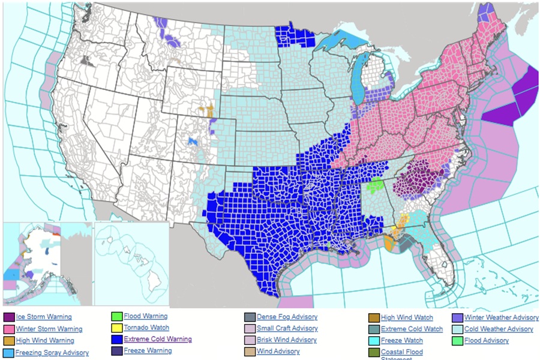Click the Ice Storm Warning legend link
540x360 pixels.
click(x=43, y=317)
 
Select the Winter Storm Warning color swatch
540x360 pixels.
click(x=9, y=329)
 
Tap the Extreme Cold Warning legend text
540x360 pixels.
click(x=158, y=339)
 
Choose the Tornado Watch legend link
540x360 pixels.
click(x=146, y=328)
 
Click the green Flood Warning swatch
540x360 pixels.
click(x=117, y=316)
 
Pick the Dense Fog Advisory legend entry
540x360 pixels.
click(x=287, y=317)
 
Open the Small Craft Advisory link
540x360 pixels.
click(x=287, y=328)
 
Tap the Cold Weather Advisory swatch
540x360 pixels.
click(x=457, y=329)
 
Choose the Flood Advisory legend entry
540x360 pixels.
click(x=487, y=340)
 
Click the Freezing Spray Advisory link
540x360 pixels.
click(x=52, y=353)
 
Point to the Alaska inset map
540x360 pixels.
click(x=47, y=264)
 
